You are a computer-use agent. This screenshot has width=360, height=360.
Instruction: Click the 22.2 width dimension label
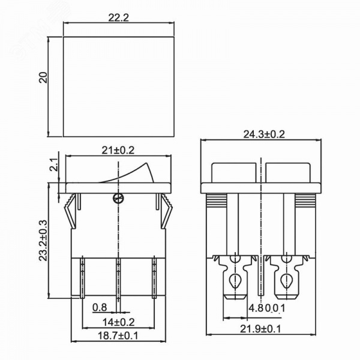118,17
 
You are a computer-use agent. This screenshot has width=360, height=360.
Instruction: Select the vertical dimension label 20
43,77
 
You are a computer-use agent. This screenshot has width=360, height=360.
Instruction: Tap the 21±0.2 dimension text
118,151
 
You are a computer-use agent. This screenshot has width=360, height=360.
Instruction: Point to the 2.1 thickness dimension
53,165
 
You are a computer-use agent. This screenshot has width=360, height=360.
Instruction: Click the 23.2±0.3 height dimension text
43,241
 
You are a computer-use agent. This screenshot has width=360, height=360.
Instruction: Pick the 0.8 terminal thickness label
100,307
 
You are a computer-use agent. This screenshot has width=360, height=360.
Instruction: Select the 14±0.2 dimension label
118,322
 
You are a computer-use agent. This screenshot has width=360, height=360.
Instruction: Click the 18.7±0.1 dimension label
118,335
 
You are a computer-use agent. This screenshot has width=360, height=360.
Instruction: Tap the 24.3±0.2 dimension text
264,134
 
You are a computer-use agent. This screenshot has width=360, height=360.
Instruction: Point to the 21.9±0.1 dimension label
260,329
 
